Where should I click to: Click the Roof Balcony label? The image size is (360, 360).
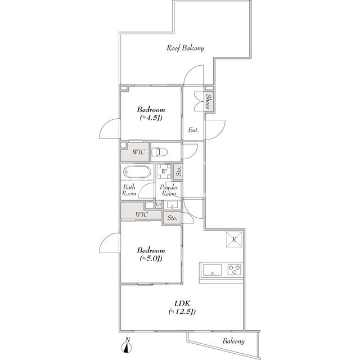coord(185,48)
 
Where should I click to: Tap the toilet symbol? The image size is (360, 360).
coord(160,152)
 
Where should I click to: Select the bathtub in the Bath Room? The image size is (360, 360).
coord(137,172)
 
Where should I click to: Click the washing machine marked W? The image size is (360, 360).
coord(164,171)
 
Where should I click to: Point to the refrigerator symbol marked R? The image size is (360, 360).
coord(234,239)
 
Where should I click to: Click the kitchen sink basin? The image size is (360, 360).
coord(213,269)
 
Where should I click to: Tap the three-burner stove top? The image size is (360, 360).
coord(235,269)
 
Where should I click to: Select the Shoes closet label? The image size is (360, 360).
coord(209,101)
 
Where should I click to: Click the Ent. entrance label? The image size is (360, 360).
coord(193,130)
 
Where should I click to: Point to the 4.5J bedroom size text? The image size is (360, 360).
coord(151,118)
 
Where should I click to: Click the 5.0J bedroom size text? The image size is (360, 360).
coord(151,259)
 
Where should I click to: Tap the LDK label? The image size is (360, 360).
coord(182,304)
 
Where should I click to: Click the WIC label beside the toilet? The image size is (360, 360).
coord(139,152)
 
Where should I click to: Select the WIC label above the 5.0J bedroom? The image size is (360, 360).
coord(142,215)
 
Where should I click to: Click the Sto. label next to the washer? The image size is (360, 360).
coord(179,171)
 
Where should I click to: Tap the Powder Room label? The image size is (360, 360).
coord(169,190)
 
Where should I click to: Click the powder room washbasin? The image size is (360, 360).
coord(172,205)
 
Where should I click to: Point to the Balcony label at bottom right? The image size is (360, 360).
coord(233,341)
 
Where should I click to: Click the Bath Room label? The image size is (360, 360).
coord(129,190)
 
